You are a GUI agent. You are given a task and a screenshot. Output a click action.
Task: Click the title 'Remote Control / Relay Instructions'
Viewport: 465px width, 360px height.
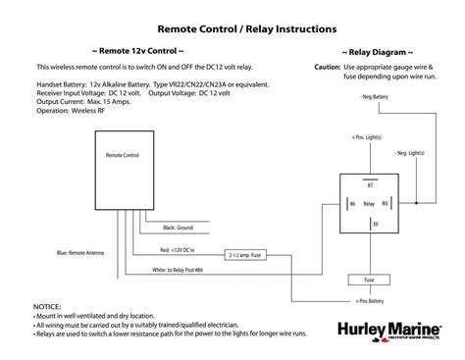(x=232, y=30)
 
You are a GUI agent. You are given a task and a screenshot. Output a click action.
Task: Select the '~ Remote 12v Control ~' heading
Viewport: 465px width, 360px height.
(x=136, y=50)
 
